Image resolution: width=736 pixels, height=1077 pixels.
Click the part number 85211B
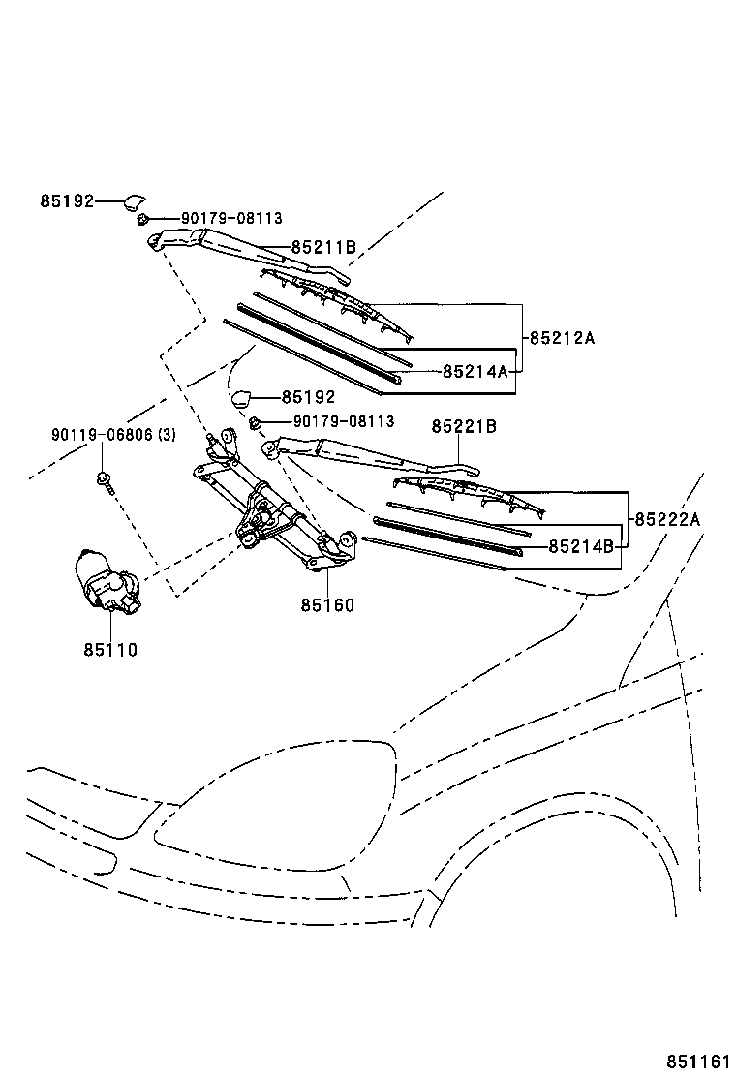[323, 247]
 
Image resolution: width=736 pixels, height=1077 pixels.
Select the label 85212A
[562, 338]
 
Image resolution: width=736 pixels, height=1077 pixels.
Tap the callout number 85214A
[475, 371]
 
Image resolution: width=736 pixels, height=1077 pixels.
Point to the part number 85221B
[464, 426]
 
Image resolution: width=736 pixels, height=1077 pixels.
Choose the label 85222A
[667, 519]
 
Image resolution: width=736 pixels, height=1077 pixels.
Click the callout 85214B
[581, 546]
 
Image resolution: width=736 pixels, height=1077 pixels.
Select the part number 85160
[327, 605]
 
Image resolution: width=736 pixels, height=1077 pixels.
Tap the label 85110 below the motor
[110, 650]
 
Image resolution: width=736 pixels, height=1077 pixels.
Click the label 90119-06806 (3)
[113, 435]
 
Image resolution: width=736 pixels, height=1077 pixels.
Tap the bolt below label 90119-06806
[103, 480]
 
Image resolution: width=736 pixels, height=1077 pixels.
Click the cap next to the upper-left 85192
[132, 201]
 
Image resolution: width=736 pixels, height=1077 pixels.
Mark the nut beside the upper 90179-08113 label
[143, 220]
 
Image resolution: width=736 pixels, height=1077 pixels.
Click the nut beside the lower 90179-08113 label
[256, 422]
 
